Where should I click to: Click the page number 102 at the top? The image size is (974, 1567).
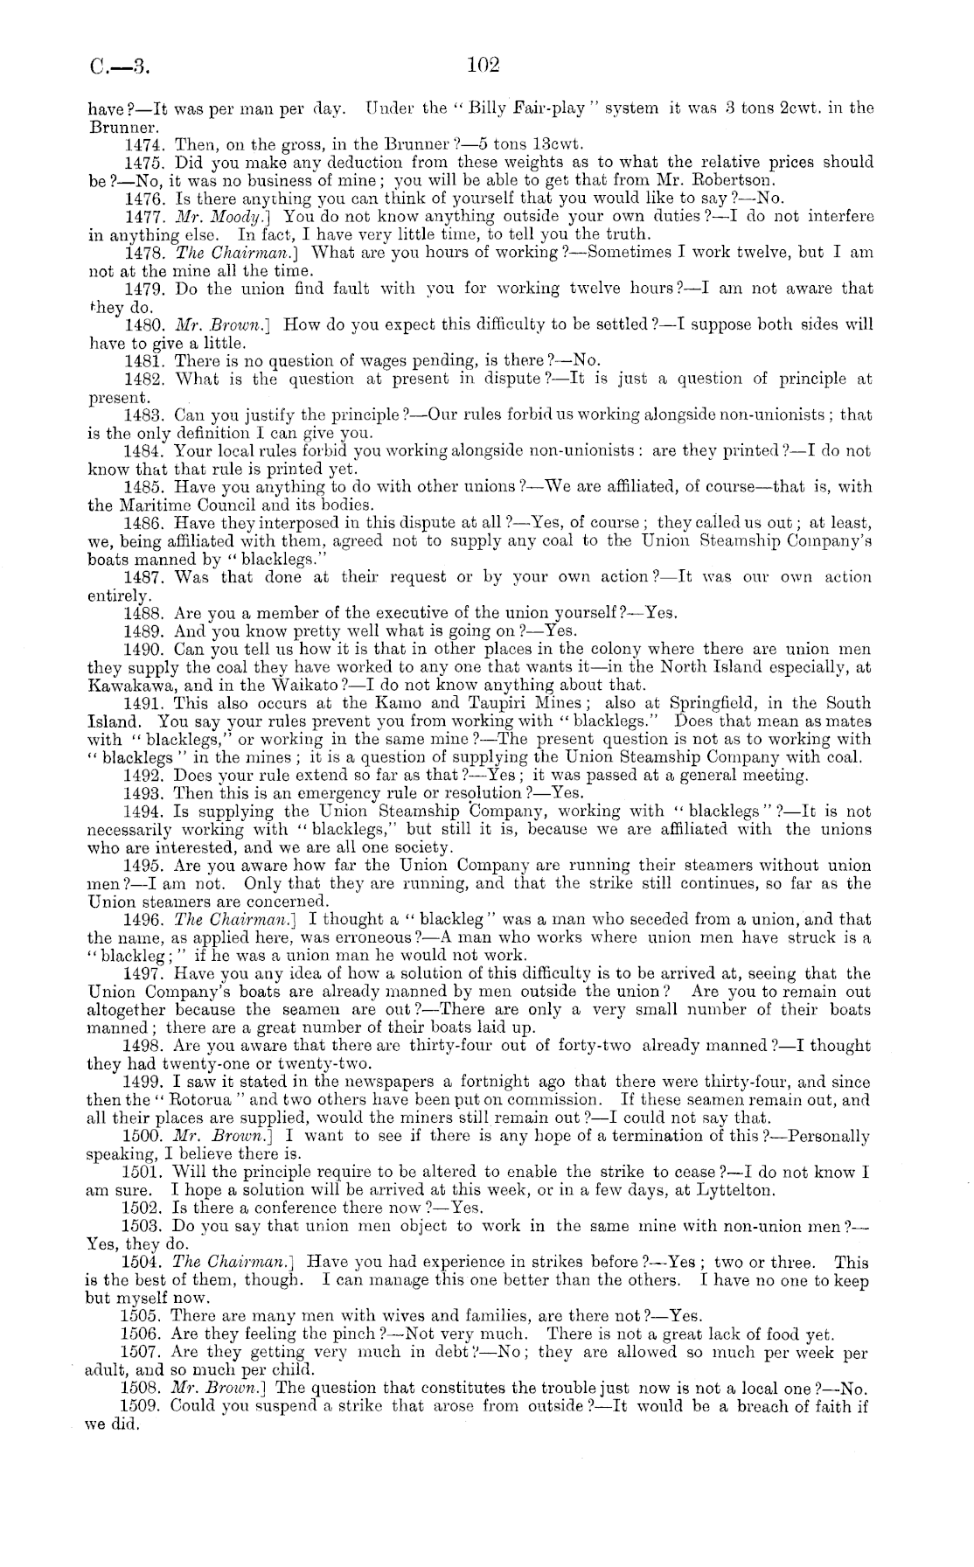[483, 64]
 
